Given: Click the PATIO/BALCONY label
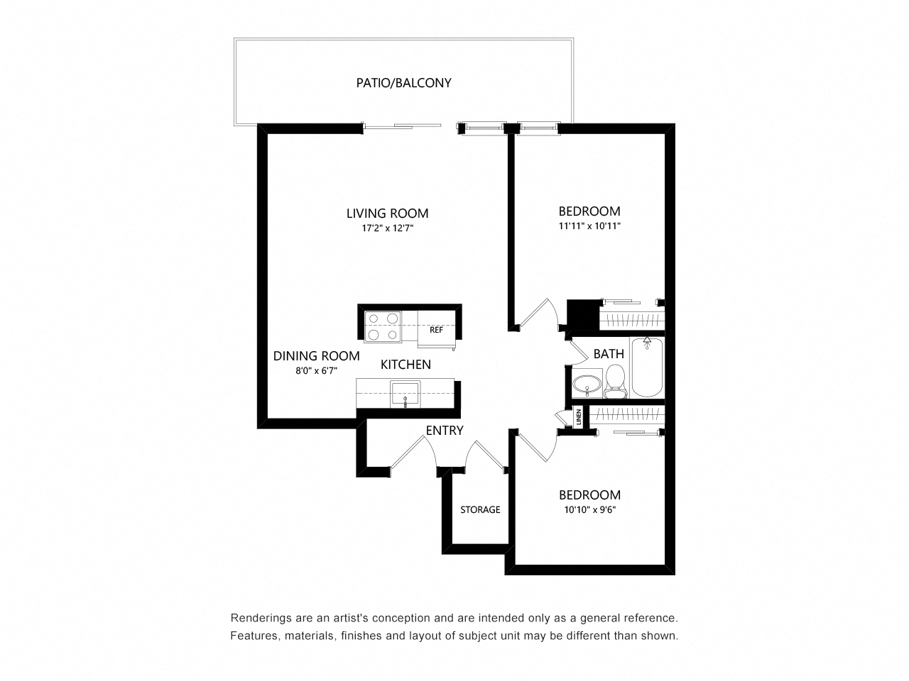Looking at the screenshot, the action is pyautogui.click(x=403, y=83).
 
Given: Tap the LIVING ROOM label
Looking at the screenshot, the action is pyautogui.click(x=387, y=214).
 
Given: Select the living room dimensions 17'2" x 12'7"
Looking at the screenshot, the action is pyautogui.click(x=388, y=228).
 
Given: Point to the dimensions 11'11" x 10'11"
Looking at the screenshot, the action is pyautogui.click(x=589, y=226).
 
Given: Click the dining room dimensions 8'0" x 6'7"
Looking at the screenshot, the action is pyautogui.click(x=317, y=370).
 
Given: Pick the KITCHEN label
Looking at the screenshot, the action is pyautogui.click(x=405, y=365).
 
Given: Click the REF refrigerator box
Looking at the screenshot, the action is pyautogui.click(x=437, y=330).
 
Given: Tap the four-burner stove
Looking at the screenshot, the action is pyautogui.click(x=383, y=326).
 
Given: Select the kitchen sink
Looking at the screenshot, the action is pyautogui.click(x=405, y=394).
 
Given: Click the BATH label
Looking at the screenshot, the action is pyautogui.click(x=609, y=354).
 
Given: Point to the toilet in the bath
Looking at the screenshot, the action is pyautogui.click(x=616, y=381).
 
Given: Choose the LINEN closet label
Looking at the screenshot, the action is pyautogui.click(x=579, y=416).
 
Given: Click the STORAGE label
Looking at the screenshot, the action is pyautogui.click(x=480, y=509).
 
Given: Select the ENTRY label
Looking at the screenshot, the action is pyautogui.click(x=445, y=431).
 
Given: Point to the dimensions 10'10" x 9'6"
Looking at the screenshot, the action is pyautogui.click(x=589, y=510).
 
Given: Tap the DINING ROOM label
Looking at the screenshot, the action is pyautogui.click(x=317, y=356).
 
